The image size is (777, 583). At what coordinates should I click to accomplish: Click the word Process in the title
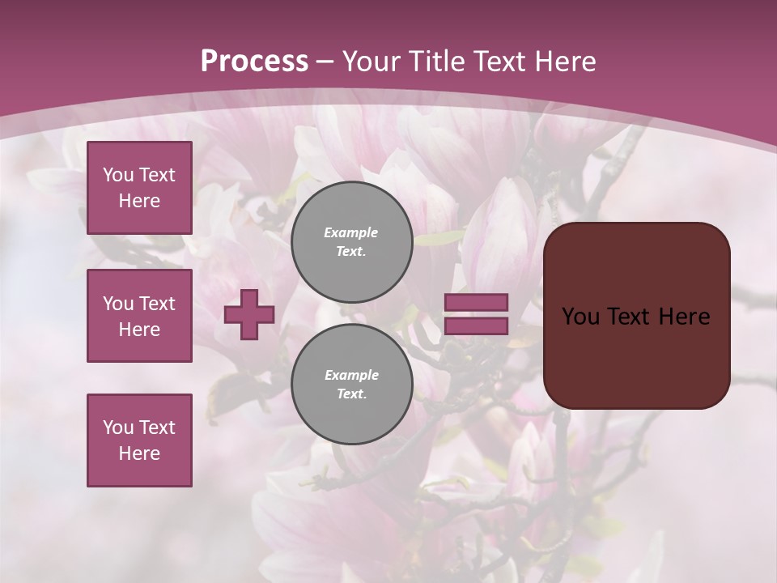click(x=254, y=62)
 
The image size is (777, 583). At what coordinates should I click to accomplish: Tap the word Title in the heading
click(x=437, y=62)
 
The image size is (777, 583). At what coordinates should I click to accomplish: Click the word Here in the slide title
click(x=561, y=62)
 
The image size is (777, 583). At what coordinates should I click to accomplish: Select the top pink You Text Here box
click(x=139, y=188)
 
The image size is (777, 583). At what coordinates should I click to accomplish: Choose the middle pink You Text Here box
click(x=139, y=316)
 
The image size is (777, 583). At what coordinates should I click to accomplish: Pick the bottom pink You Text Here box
click(x=139, y=440)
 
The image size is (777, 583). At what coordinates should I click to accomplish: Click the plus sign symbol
click(x=249, y=314)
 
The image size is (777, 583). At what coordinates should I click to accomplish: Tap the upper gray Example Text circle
click(x=352, y=241)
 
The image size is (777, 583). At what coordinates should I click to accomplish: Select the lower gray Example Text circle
click(x=352, y=384)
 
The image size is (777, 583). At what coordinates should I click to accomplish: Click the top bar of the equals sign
click(x=476, y=302)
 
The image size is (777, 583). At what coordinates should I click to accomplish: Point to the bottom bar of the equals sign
click(x=476, y=326)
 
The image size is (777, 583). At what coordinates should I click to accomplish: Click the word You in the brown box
click(x=580, y=317)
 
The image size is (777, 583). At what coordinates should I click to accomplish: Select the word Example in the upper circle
click(x=351, y=232)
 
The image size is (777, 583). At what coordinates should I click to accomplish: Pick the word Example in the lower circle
click(x=351, y=375)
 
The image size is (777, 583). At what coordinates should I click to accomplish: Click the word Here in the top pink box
click(x=139, y=201)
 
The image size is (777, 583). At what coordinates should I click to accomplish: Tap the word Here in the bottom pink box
click(x=139, y=453)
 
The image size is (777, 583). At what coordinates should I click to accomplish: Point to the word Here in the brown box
click(x=684, y=317)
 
